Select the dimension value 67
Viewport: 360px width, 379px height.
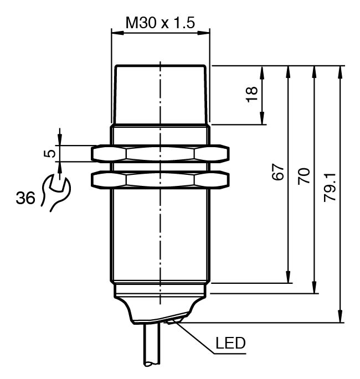pos(278,172)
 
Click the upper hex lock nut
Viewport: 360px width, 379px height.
pos(161,153)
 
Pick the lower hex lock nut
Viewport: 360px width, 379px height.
pos(161,179)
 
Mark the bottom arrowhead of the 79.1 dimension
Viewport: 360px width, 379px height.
pos(340,318)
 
